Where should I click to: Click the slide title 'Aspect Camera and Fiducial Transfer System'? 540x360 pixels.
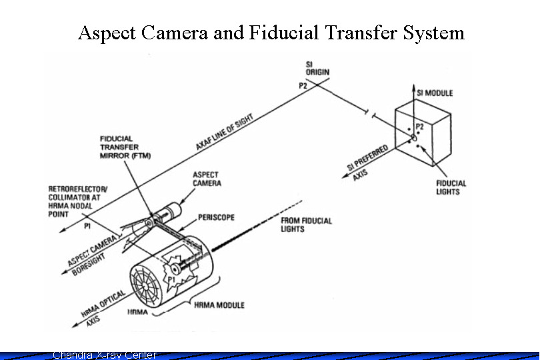(271, 32)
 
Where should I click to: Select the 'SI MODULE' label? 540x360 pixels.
(434, 93)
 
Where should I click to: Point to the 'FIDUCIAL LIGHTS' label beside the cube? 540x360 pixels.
(451, 187)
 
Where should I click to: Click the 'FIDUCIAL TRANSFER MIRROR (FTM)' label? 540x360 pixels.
(125, 147)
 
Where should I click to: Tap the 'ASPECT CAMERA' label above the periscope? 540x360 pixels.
(207, 179)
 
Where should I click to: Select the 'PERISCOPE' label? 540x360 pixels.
(216, 217)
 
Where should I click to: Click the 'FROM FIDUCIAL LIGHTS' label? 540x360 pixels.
(306, 225)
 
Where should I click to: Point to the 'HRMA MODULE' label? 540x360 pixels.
(219, 305)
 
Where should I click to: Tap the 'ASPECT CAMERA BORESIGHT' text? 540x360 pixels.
(93, 254)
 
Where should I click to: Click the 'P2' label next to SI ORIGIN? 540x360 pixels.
(303, 85)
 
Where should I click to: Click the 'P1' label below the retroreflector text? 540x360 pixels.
(87, 226)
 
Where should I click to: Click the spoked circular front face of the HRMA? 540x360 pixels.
(149, 286)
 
